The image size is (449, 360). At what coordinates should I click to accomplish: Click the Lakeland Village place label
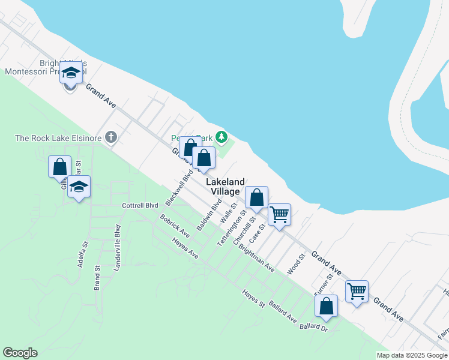point(226,187)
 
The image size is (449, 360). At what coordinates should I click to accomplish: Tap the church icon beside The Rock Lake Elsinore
point(110,138)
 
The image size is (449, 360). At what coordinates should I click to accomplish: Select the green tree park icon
point(222,138)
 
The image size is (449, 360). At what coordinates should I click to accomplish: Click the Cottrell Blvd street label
point(140,205)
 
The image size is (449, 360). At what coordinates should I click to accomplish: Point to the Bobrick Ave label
point(175,226)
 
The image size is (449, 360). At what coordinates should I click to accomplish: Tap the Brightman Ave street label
point(256,257)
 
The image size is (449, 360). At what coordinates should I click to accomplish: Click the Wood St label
point(297,264)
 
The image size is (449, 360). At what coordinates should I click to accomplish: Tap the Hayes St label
point(253,298)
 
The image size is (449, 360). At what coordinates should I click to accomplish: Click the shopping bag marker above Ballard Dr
point(326,306)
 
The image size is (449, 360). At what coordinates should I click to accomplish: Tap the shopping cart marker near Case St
point(279,214)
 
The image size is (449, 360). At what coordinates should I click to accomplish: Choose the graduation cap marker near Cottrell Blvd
point(79,188)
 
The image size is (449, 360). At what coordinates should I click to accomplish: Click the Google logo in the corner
point(20,353)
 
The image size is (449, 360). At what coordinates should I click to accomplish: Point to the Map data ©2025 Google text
point(412,355)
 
